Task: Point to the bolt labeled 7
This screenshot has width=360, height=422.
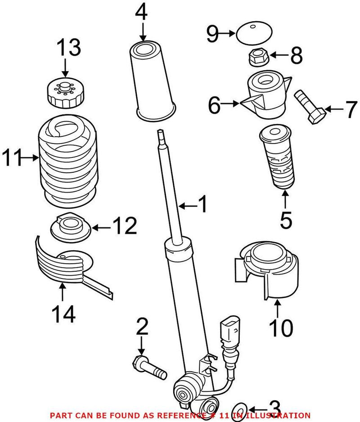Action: pyautogui.click(x=310, y=106)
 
